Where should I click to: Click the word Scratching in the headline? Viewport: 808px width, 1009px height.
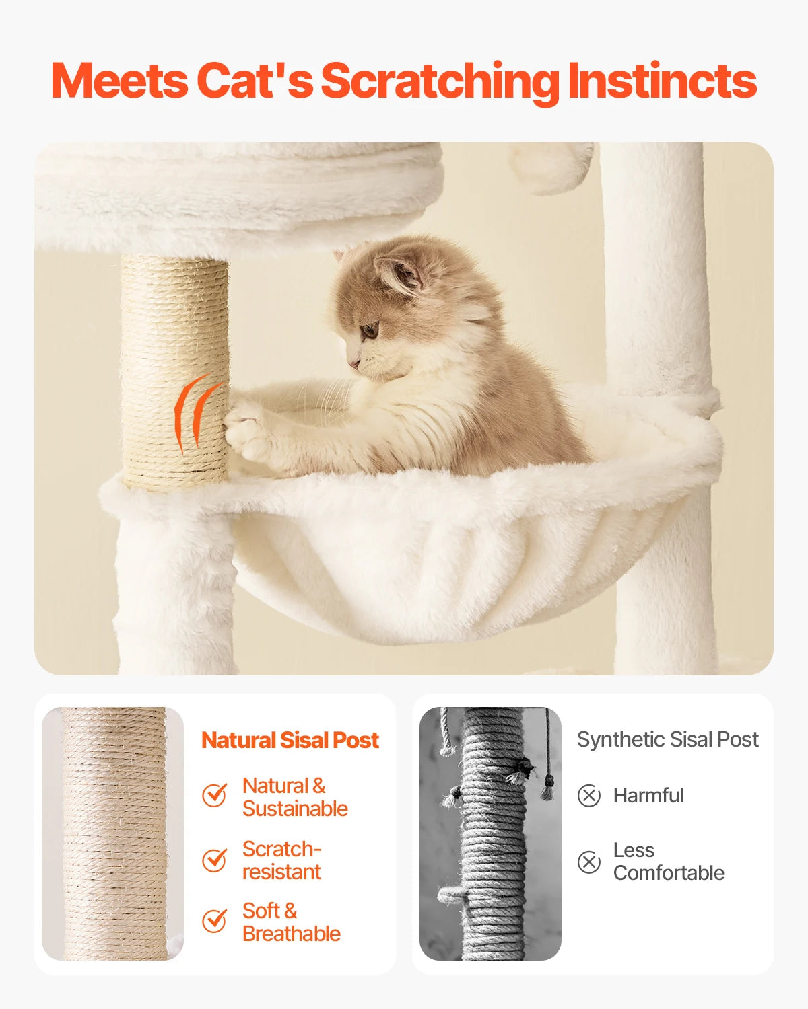click(x=440, y=82)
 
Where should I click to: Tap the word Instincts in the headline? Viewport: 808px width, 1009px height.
click(x=662, y=81)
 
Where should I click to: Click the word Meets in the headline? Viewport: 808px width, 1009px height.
click(x=120, y=81)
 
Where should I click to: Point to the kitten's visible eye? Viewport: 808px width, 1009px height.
click(x=369, y=330)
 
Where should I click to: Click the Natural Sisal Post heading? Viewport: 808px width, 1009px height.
click(x=290, y=740)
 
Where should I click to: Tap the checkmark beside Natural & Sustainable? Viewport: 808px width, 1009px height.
click(x=215, y=796)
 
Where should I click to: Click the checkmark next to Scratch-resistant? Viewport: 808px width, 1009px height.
click(x=215, y=860)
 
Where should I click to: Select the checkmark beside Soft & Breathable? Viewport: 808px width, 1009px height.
click(x=215, y=921)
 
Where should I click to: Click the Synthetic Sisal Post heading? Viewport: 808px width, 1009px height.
click(x=667, y=739)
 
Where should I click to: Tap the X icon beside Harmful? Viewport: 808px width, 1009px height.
click(x=589, y=796)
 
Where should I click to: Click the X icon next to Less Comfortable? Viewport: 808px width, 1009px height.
click(x=589, y=862)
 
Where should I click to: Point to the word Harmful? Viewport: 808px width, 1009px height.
click(x=648, y=796)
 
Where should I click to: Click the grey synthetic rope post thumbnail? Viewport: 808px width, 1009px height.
click(x=490, y=833)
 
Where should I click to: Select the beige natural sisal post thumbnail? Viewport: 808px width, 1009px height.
click(x=112, y=833)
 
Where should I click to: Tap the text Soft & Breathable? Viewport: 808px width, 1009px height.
click(x=291, y=922)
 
